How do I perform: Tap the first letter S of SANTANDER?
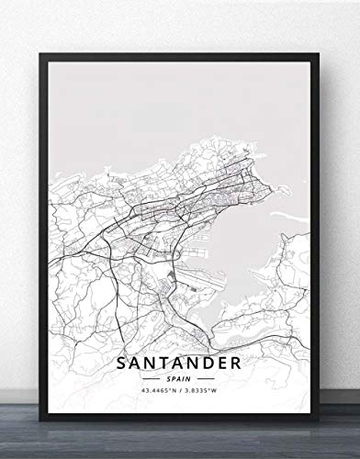[124, 337]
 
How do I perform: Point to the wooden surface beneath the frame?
[180, 446]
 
